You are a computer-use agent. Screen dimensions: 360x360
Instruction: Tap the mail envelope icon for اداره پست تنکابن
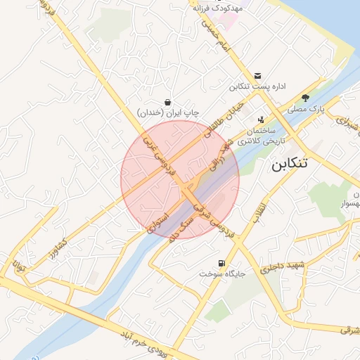click(x=257, y=76)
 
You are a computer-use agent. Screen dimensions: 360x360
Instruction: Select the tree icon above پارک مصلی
click(x=304, y=98)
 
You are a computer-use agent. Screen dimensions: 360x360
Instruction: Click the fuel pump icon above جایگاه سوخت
click(x=222, y=264)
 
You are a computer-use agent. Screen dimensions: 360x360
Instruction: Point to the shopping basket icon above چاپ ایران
click(x=167, y=101)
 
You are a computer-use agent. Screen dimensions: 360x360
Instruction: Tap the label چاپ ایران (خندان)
click(x=168, y=112)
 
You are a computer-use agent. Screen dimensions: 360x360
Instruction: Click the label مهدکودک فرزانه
click(x=218, y=8)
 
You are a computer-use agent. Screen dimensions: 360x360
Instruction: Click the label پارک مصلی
click(x=307, y=110)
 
